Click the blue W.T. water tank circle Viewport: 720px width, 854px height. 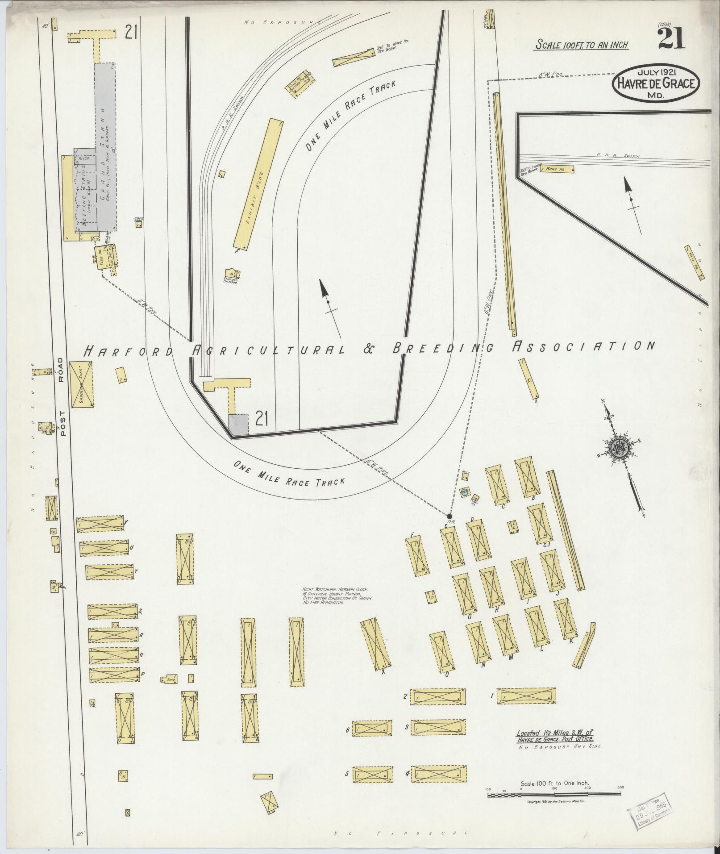point(465,492)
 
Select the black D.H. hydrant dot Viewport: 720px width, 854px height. point(449,516)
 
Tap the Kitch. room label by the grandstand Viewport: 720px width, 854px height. point(84,158)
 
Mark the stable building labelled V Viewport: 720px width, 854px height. point(100,524)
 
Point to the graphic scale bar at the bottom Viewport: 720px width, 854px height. point(554,794)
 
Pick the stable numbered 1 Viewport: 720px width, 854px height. point(527,708)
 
